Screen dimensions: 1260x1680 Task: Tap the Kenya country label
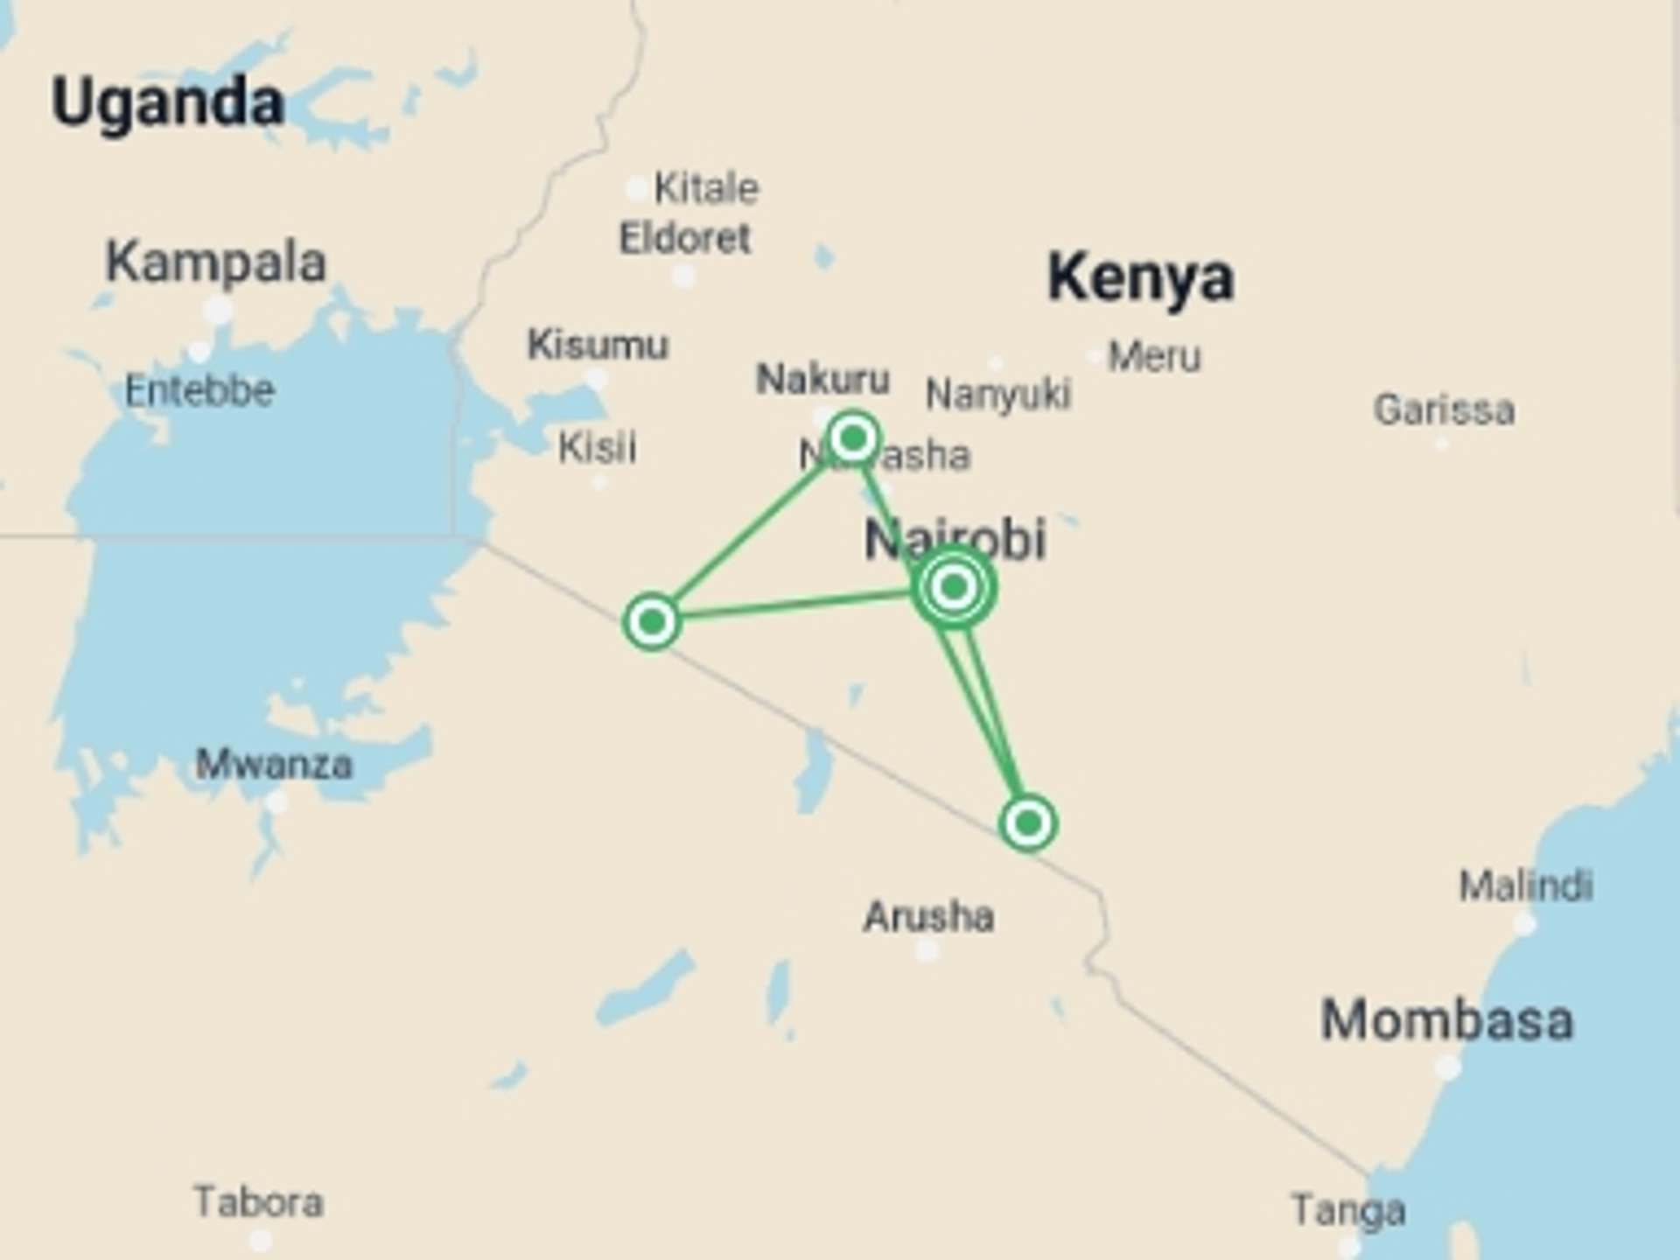[1140, 277]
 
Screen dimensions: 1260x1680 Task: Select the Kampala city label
[215, 262]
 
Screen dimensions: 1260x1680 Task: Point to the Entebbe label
[199, 390]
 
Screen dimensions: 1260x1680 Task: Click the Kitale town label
[706, 188]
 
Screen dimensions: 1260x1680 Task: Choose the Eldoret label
[684, 238]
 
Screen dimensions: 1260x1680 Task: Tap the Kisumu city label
[598, 345]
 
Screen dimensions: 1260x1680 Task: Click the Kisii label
[598, 448]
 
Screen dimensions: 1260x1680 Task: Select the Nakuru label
[822, 379]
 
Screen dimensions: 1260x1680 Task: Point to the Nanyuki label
[997, 395]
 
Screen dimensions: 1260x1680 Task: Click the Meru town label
[1154, 357]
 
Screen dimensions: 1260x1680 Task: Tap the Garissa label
[1444, 409]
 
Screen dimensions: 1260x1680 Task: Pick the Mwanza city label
[274, 765]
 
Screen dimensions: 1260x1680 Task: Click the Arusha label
[928, 917]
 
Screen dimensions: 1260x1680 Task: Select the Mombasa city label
[1446, 1020]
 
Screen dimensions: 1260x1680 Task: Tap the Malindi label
[1525, 886]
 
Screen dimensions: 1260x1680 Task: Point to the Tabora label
[258, 1201]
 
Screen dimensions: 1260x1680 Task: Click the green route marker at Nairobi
[954, 586]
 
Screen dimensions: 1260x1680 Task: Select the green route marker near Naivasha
[853, 437]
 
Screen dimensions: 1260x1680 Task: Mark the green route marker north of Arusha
[1028, 822]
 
